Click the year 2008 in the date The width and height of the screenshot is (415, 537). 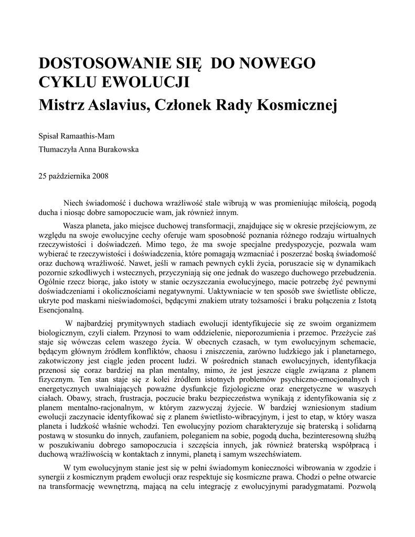100,176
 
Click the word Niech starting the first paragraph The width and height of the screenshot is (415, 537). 73,203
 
